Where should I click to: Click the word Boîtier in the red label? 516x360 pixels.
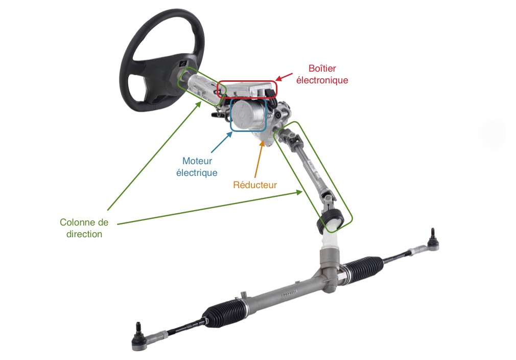pos(322,69)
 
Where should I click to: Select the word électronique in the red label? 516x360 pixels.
pos(322,80)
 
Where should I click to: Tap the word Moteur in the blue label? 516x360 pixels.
pos(197,161)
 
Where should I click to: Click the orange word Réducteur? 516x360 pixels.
pos(255,185)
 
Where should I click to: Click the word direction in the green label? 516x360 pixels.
pos(84,234)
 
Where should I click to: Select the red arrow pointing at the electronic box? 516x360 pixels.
pos(284,77)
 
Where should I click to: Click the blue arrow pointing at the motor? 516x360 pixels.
pos(222,142)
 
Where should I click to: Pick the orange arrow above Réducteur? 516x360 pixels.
pos(259,160)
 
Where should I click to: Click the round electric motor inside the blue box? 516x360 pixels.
pos(248,115)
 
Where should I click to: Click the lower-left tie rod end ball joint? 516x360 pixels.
pos(139,337)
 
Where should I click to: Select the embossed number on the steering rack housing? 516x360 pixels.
pos(289,293)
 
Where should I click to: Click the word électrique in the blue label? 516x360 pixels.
pos(197,173)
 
